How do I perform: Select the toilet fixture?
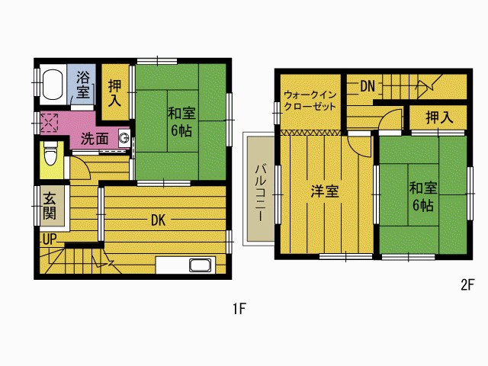(x=50, y=153)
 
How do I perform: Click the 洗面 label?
(x=95, y=139)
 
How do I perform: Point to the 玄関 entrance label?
(x=50, y=206)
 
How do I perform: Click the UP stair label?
(x=50, y=239)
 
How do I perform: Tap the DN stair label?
(x=368, y=86)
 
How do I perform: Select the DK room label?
(x=158, y=220)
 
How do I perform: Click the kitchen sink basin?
(x=200, y=265)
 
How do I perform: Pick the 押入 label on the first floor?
(x=114, y=93)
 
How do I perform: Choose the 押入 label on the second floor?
(x=439, y=117)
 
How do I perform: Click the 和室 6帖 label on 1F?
(x=181, y=122)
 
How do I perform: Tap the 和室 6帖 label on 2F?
(x=423, y=197)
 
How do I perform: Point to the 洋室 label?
(x=325, y=191)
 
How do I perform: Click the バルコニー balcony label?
(x=260, y=193)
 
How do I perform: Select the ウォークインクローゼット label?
(x=310, y=100)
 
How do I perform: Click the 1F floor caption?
(x=239, y=309)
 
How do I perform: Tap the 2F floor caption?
(x=467, y=284)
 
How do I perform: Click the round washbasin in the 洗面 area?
(x=124, y=137)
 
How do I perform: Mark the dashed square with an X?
(x=49, y=123)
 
